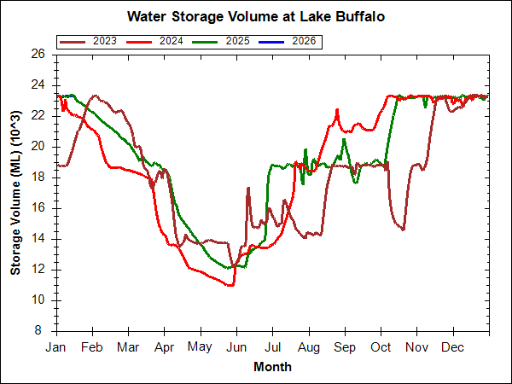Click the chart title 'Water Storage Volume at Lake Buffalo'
256,16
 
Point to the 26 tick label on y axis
38,54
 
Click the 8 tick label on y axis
41,331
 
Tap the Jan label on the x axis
56,347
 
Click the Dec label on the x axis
453,347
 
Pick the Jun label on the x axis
236,347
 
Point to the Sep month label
345,347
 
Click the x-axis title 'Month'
272,367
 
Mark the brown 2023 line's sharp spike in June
248,188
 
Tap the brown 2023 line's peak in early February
94,96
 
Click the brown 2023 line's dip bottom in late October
403,230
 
